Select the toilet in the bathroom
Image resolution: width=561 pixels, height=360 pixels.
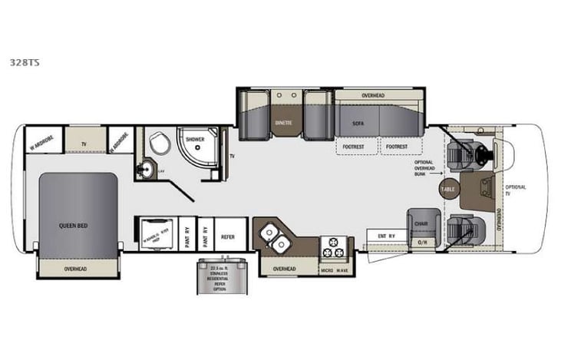[160, 143]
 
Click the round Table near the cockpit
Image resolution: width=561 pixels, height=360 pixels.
[448, 189]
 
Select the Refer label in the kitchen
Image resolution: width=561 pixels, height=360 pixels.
[228, 237]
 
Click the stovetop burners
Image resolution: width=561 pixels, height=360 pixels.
[335, 246]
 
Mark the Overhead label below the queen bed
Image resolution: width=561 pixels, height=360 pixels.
[75, 269]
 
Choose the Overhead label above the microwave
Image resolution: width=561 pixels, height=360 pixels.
[285, 268]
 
